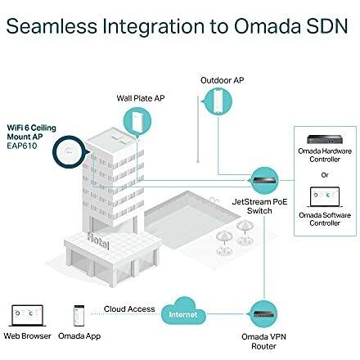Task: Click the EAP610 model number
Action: [22, 146]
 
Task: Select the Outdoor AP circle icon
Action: [218, 101]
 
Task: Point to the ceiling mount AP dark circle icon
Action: [70, 152]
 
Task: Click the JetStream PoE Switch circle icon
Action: [264, 181]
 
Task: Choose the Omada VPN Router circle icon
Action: [263, 314]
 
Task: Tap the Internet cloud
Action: [183, 312]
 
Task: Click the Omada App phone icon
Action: [79, 316]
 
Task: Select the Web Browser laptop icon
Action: [27, 316]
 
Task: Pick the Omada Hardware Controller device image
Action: [325, 140]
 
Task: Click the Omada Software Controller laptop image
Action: [325, 197]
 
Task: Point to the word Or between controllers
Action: [325, 175]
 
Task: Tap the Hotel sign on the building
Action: [98, 241]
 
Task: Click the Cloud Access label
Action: [129, 309]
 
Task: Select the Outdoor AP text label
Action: [222, 80]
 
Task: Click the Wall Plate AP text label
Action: [141, 98]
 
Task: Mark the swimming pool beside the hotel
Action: [191, 219]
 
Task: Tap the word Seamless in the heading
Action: [52, 26]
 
